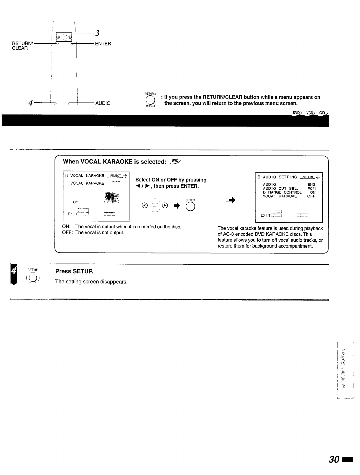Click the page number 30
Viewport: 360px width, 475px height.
pos(335,460)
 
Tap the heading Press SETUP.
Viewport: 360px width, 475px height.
pos(74,271)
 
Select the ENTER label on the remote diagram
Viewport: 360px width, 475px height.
pos(103,44)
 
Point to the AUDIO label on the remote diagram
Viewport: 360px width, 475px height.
pos(103,103)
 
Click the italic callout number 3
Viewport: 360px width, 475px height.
pos(97,33)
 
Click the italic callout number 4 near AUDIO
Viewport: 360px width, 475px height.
pos(30,103)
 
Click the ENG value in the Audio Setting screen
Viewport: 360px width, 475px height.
pos(311,184)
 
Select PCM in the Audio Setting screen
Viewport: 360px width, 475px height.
pos(311,188)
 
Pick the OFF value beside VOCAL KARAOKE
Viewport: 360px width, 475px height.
pos(311,196)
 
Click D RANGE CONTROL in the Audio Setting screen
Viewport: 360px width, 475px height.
pos(282,192)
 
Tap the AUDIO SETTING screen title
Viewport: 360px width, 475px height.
pos(280,177)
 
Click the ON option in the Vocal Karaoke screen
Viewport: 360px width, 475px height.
pos(76,202)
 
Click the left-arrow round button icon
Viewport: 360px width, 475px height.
pos(144,206)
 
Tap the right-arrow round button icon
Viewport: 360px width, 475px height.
pos(165,206)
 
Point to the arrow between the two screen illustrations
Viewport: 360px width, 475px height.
pos(231,201)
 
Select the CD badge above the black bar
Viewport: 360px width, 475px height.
pos(323,113)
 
